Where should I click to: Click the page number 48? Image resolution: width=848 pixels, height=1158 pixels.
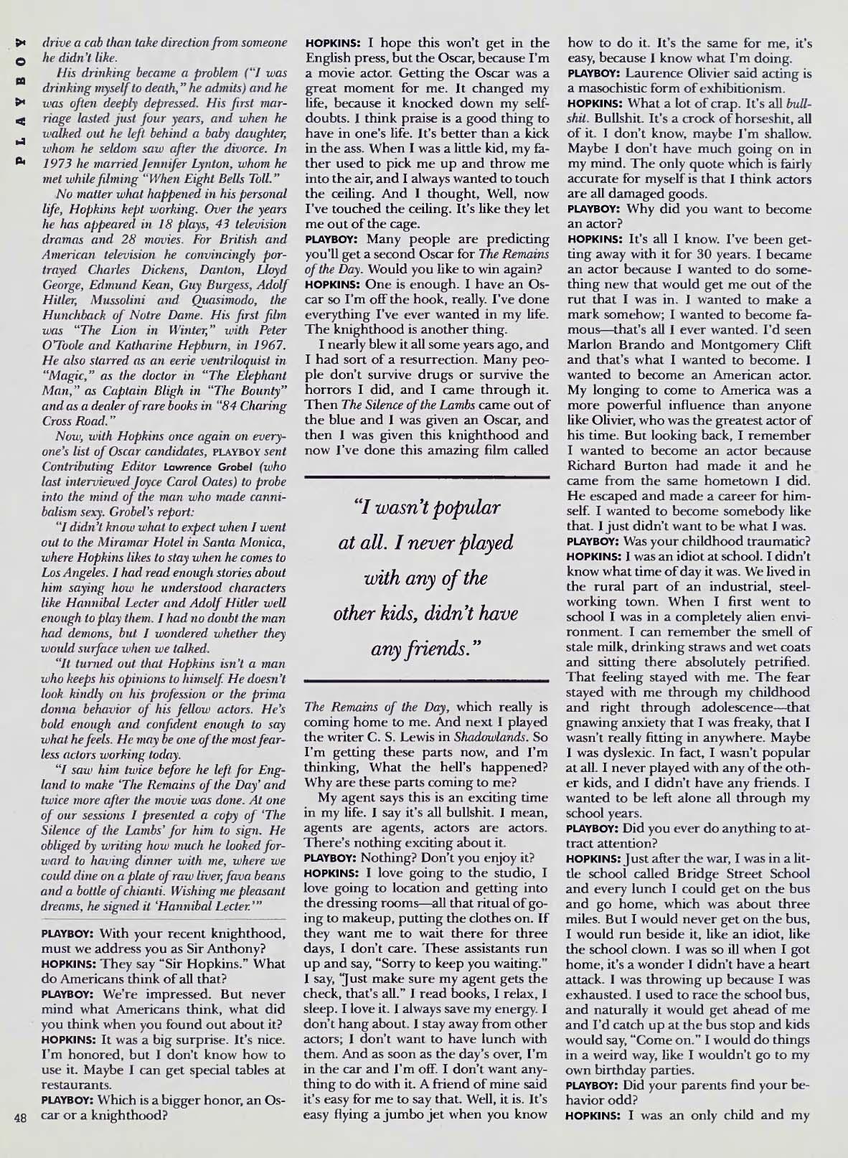(22, 1136)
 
